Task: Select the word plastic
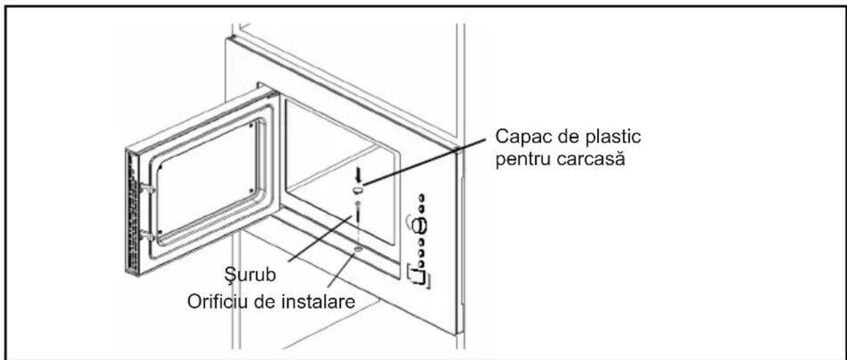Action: pyautogui.click(x=613, y=138)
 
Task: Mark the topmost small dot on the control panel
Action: pyautogui.click(x=421, y=199)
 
